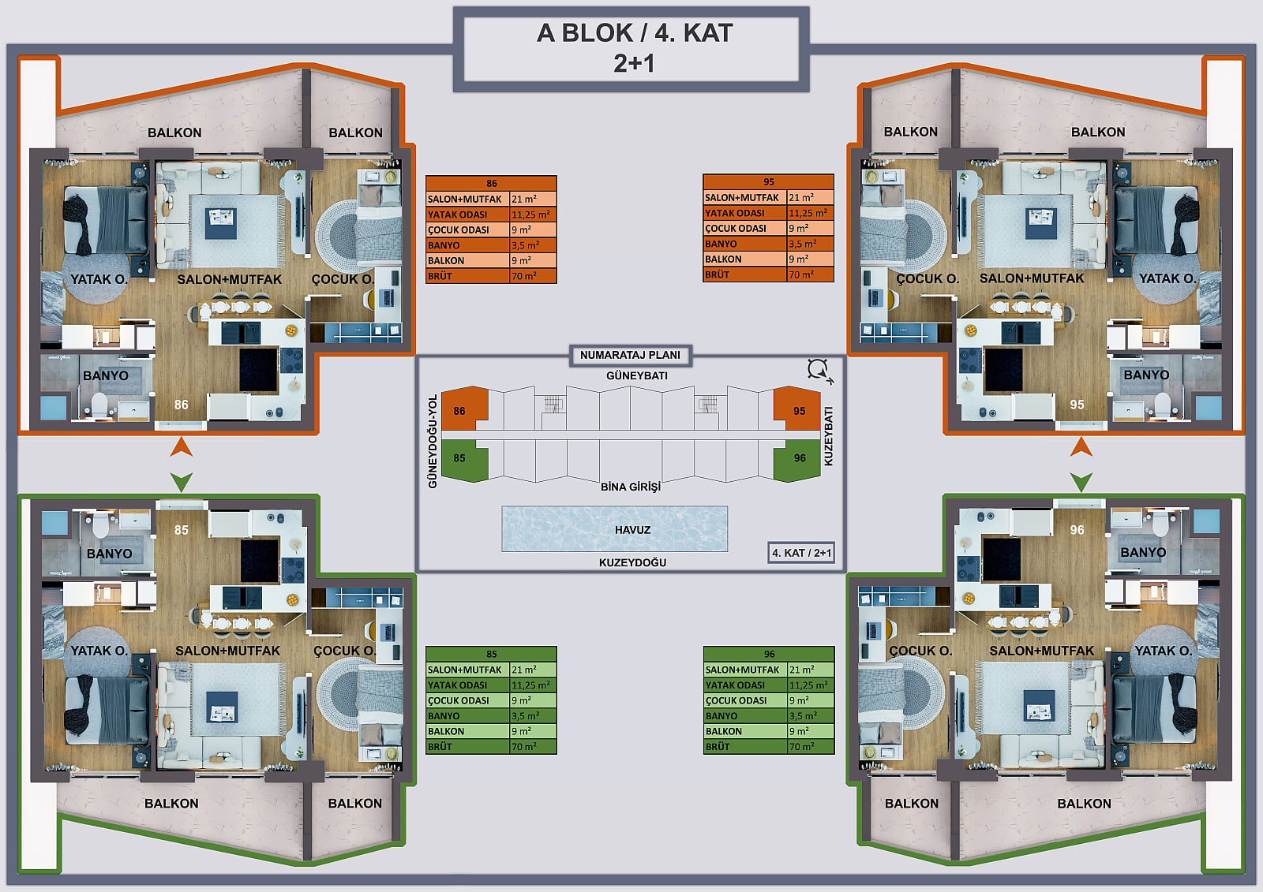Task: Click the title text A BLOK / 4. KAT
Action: point(635,33)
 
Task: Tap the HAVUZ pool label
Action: point(632,530)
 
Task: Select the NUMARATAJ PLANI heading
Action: point(630,355)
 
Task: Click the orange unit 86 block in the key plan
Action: point(463,409)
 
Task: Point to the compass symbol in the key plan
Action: point(819,371)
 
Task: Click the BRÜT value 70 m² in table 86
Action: point(524,276)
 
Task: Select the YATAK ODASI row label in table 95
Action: point(735,213)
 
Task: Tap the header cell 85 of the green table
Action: point(491,654)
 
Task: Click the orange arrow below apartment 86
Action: point(182,447)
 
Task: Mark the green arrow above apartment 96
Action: point(1081,482)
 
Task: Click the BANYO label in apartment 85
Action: point(110,554)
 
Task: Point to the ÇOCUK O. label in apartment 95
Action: point(928,278)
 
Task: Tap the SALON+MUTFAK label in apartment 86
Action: point(230,279)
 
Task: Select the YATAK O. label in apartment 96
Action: point(1164,650)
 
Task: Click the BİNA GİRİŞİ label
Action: point(631,487)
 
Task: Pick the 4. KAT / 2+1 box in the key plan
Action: point(801,553)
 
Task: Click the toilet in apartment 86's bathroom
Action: point(99,405)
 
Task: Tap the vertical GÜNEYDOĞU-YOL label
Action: point(433,441)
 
